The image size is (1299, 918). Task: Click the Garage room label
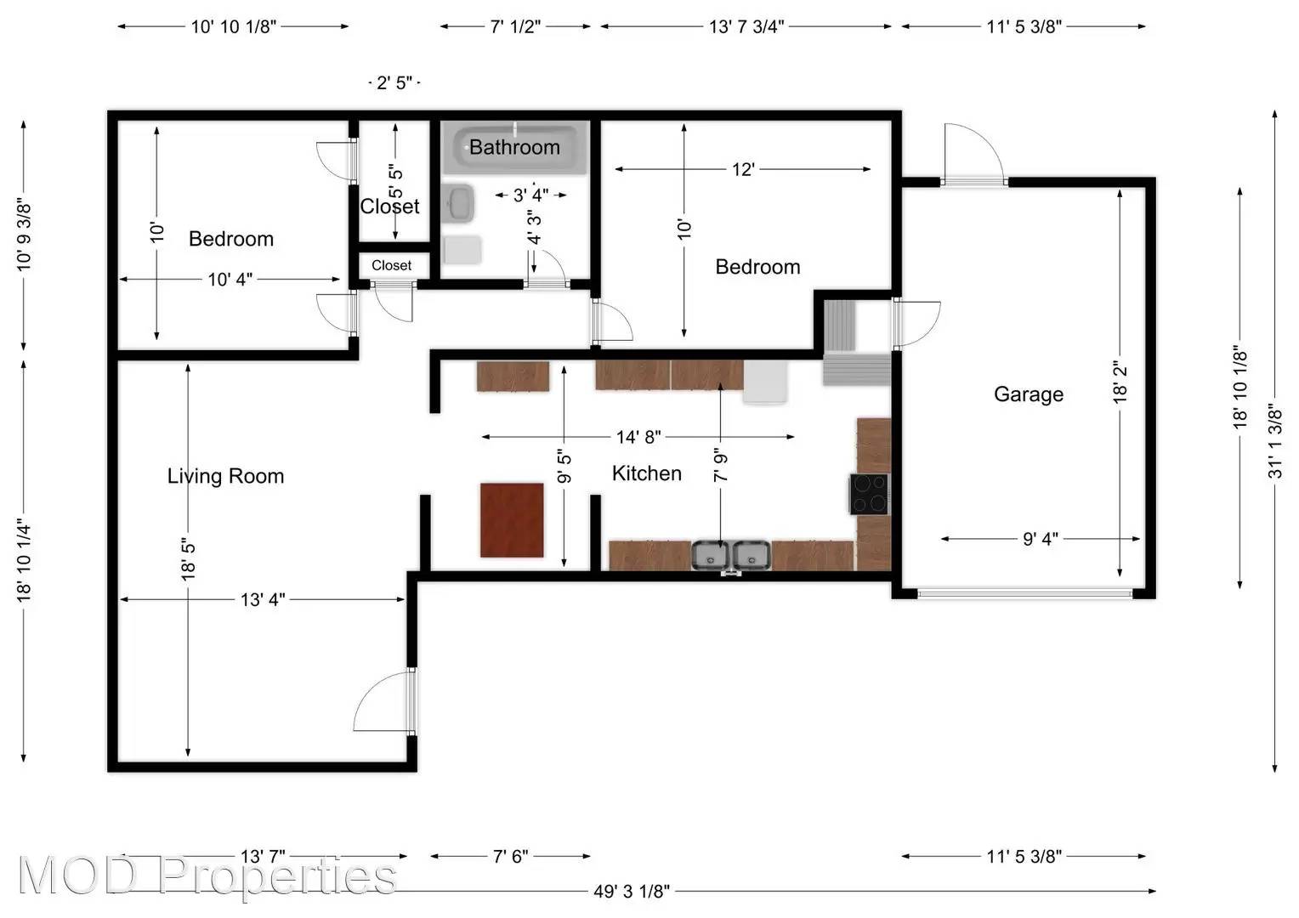coord(1028,394)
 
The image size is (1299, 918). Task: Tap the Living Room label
coord(225,476)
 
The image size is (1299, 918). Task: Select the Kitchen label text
coord(646,473)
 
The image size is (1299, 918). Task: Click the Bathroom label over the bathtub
coord(514,147)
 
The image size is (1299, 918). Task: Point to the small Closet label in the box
coord(391,265)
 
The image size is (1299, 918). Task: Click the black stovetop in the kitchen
coord(869,494)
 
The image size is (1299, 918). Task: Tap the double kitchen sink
coord(730,555)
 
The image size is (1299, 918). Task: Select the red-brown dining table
coord(512,520)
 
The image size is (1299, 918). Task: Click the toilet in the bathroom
coord(461,250)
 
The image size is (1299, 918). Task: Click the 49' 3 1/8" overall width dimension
coord(631,891)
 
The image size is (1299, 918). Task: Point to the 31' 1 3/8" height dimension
coord(1274,440)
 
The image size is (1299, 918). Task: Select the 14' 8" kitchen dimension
coord(638,437)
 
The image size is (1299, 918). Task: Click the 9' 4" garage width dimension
coord(1040,539)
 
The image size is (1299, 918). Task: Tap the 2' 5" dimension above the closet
coord(394,82)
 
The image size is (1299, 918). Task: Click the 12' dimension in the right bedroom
coord(742,169)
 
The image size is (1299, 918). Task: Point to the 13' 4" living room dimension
coord(263,600)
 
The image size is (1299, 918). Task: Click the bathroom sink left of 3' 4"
coord(459,203)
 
